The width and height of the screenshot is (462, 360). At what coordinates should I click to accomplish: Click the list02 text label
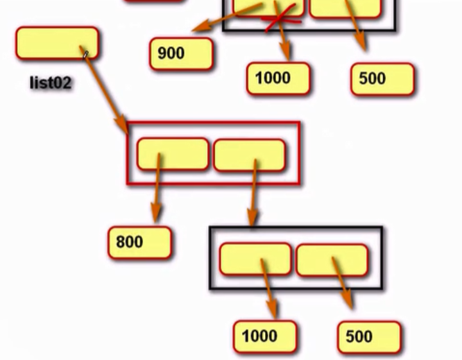coord(50,83)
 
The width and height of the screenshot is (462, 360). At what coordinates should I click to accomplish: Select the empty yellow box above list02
coord(57,43)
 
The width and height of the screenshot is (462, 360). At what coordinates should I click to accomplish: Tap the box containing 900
coord(181,53)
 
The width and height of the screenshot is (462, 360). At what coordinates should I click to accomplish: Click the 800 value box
coord(139,243)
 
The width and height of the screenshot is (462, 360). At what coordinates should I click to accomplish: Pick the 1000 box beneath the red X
coord(278,79)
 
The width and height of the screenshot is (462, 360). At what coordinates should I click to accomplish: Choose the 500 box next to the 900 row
coord(382,79)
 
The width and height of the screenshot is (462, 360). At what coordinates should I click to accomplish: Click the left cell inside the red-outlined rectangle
coord(173,154)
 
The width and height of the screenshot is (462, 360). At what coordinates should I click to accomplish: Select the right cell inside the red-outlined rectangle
coord(249,155)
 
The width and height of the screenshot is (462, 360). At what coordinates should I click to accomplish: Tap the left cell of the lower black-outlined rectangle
coord(255,259)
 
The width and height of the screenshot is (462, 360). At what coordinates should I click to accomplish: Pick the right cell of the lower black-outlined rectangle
coord(332,260)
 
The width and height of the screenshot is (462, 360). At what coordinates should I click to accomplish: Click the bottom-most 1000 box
coord(264,336)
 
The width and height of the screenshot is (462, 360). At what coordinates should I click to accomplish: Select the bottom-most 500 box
coord(368,337)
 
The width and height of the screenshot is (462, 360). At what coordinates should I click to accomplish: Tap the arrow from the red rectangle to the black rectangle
coord(254,193)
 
